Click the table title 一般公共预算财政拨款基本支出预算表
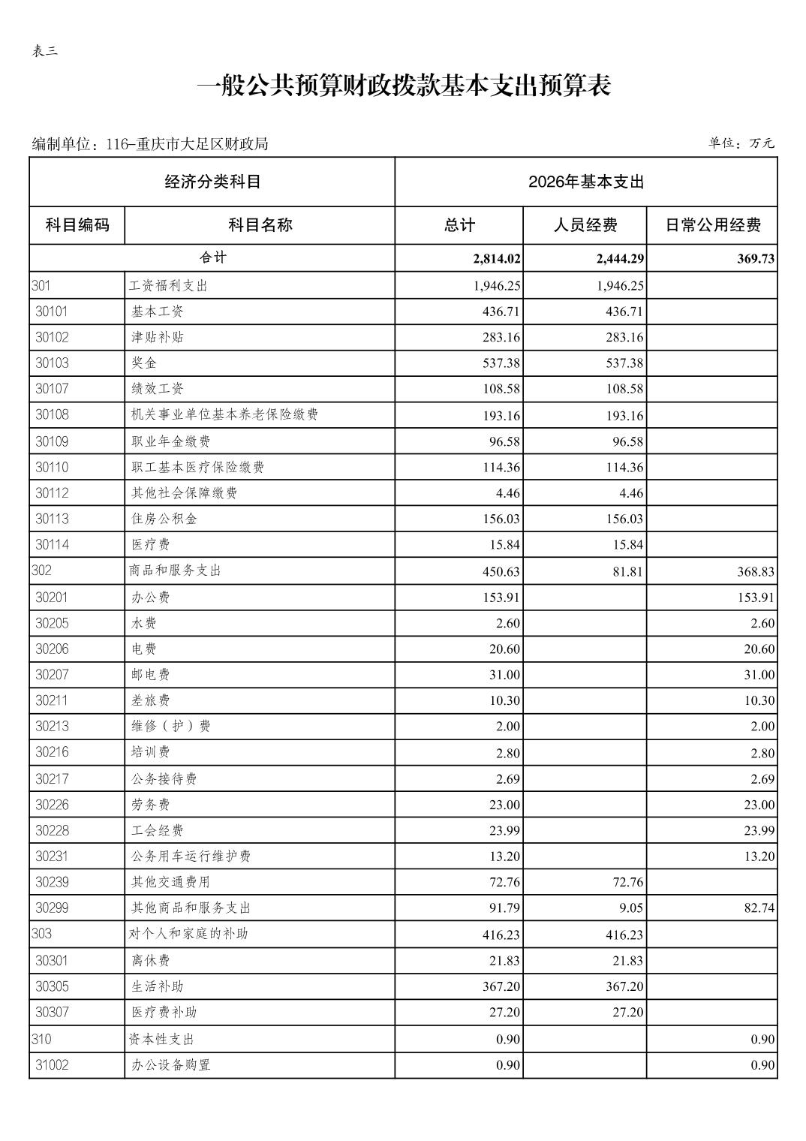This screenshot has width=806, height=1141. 403,86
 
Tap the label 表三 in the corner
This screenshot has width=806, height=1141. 45,51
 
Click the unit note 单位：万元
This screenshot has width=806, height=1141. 741,143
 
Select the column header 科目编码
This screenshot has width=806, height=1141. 77,224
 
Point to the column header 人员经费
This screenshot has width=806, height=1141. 585,224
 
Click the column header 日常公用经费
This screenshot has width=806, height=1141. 712,224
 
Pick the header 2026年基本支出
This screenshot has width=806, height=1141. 585,182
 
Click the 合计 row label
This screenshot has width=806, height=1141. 212,257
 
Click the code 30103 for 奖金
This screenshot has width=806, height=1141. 52,363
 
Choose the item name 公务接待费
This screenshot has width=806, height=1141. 164,779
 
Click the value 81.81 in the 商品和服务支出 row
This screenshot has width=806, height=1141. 627,571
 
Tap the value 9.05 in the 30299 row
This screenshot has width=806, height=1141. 631,908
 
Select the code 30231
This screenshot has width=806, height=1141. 52,856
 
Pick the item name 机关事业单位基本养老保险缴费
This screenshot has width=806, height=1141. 224,414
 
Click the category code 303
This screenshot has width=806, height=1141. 42,934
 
